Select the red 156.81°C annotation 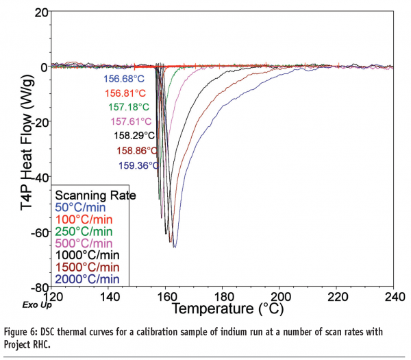coord(125,93)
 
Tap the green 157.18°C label coord(129,107)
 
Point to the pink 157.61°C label coord(132,121)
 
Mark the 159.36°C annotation coord(137,165)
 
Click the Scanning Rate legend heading coord(95,195)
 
